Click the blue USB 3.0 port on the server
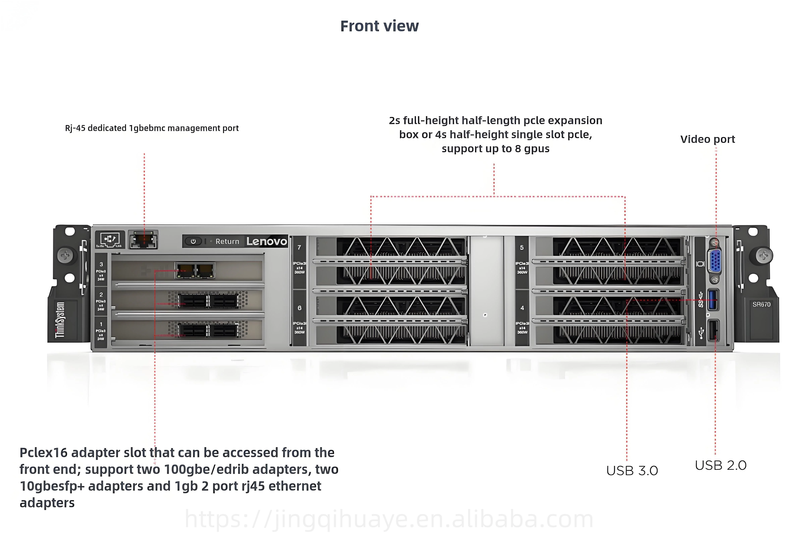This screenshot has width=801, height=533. [712, 299]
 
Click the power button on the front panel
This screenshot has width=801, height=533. [193, 241]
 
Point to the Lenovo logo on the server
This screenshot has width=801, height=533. [267, 241]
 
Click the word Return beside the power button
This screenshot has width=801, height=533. [227, 241]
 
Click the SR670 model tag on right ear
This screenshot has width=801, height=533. [761, 304]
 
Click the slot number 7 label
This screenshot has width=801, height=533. [299, 248]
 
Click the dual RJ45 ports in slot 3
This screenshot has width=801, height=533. [195, 271]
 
